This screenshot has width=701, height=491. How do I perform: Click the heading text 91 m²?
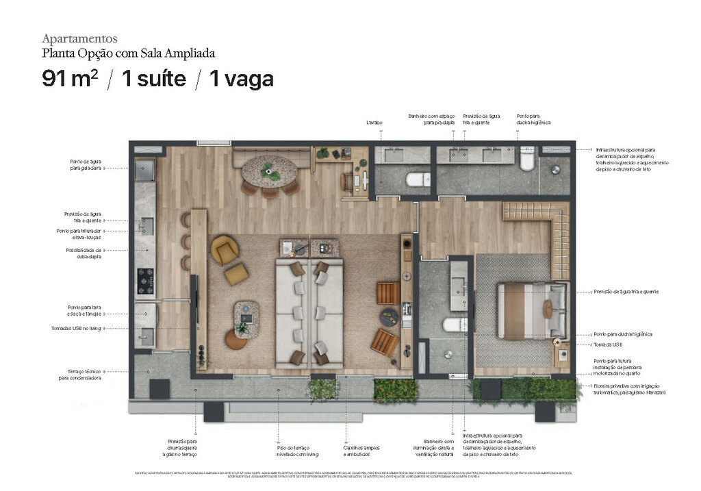click(x=69, y=79)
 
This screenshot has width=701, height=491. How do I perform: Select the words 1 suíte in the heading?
click(x=153, y=79)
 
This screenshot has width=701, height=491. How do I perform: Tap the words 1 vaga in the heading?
click(x=241, y=79)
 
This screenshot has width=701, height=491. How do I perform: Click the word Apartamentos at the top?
click(x=79, y=38)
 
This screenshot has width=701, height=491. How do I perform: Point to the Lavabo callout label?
click(x=374, y=123)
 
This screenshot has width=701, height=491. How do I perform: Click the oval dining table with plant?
click(x=270, y=170)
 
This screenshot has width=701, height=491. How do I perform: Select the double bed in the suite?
click(x=531, y=310)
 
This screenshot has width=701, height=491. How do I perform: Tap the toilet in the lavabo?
click(x=418, y=179)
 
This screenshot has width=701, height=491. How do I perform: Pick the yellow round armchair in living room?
click(x=224, y=249)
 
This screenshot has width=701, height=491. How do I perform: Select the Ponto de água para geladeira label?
click(x=86, y=164)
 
